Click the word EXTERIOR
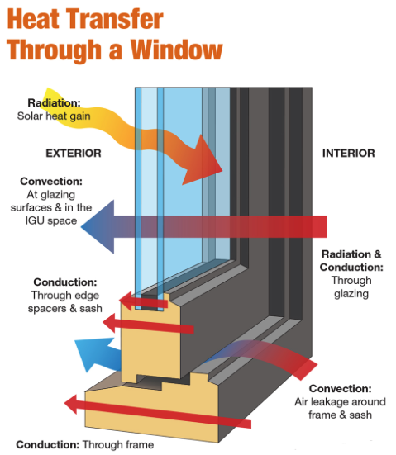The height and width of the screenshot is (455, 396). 74,153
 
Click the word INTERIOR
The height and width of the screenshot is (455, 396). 348,153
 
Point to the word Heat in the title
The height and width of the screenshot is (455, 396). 40,18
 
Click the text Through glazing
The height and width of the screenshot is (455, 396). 351,287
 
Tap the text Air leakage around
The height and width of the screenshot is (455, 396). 341,402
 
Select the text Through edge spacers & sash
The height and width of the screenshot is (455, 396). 65,301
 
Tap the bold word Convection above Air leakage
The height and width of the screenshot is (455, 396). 340,389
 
